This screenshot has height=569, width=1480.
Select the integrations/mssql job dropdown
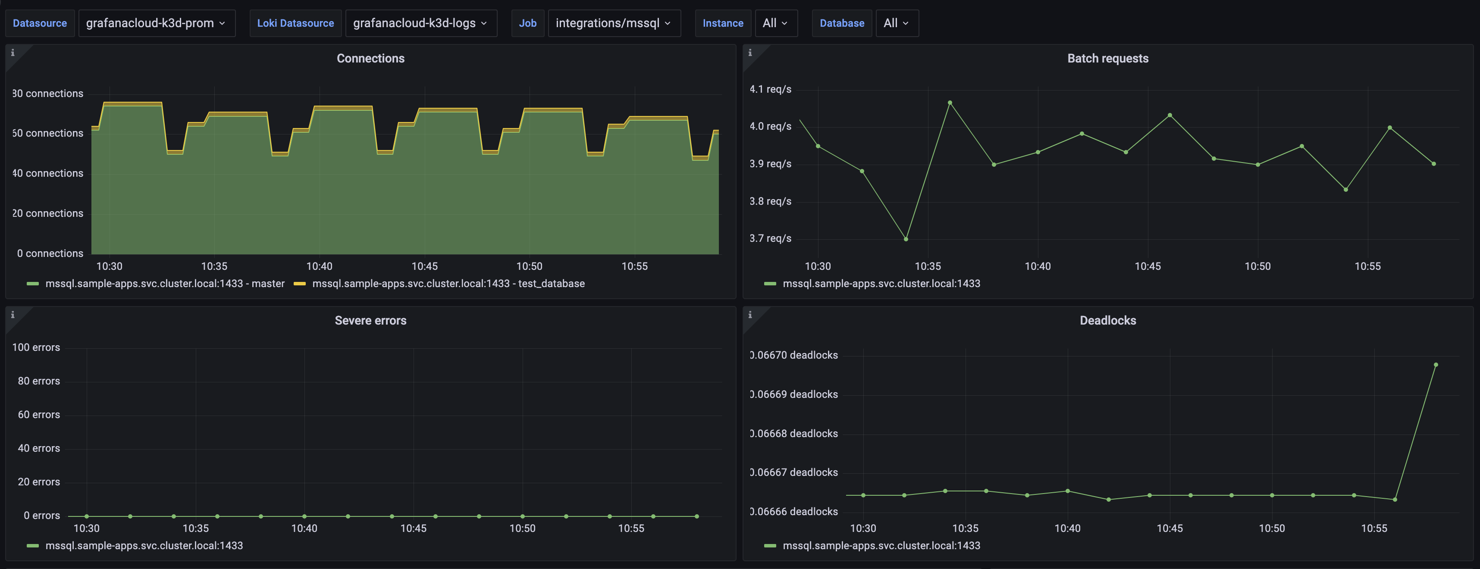point(614,23)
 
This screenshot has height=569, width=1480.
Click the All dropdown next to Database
point(896,23)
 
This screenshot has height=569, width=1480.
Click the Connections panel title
point(370,59)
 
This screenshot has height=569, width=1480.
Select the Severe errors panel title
point(370,320)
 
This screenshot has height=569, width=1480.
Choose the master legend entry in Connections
point(164,284)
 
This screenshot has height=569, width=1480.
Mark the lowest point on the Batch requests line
point(906,239)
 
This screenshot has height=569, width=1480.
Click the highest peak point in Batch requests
point(950,103)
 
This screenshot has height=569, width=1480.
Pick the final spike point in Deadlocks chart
point(1436,365)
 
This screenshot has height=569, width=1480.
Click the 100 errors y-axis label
point(36,347)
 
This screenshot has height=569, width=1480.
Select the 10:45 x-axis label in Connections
point(425,266)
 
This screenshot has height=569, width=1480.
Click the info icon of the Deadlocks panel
point(750,315)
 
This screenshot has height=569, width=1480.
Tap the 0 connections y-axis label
point(50,253)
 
